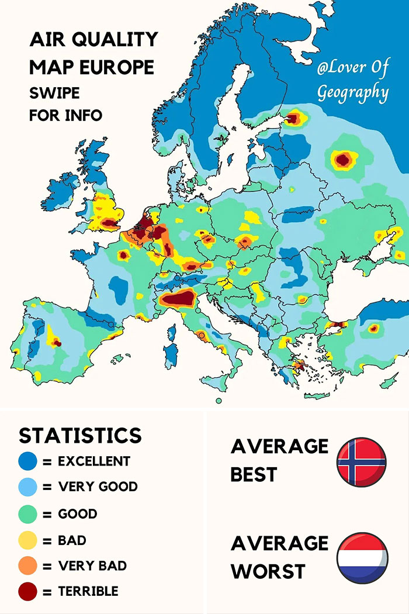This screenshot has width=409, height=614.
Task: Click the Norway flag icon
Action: click(x=361, y=462)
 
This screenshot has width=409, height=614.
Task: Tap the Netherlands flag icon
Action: click(x=362, y=557)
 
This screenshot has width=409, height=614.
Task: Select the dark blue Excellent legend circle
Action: click(x=27, y=461)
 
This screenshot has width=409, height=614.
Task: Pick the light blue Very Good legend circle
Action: click(x=27, y=487)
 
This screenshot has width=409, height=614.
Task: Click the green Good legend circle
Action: click(x=27, y=514)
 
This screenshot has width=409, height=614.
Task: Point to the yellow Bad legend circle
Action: click(x=27, y=540)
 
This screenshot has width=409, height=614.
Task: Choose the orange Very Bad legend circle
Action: click(x=27, y=566)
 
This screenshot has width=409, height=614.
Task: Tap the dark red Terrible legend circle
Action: click(x=27, y=592)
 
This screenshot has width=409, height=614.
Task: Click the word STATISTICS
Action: click(x=80, y=436)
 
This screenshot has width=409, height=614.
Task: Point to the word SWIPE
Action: click(x=54, y=93)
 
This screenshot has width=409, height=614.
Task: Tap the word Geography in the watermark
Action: click(x=352, y=92)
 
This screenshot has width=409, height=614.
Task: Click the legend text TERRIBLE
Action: click(x=88, y=592)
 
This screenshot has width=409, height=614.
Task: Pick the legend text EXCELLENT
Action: click(x=94, y=461)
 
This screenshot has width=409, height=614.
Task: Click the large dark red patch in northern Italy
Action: click(x=178, y=299)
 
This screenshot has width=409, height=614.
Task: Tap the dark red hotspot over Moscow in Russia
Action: click(x=343, y=159)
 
